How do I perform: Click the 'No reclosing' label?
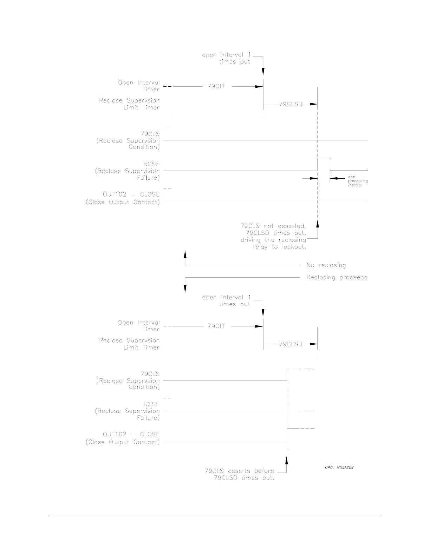[326, 265]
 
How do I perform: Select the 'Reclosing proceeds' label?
[337, 277]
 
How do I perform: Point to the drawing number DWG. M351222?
[339, 467]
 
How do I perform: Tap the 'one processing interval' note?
[358, 181]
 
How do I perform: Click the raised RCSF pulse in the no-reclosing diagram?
[324, 159]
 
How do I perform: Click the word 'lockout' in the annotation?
[294, 247]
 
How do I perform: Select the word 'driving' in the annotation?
[250, 240]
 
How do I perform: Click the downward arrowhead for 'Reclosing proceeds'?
[185, 289]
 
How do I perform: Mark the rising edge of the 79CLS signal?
[287, 374]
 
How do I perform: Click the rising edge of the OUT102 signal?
[287, 435]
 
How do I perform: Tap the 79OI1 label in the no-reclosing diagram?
[216, 86]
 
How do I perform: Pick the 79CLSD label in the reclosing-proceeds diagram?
[291, 344]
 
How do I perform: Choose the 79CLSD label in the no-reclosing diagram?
[291, 104]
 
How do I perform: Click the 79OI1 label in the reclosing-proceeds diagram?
[216, 326]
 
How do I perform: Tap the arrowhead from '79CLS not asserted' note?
[318, 224]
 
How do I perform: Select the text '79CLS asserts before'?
[239, 471]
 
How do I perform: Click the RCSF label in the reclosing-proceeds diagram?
[151, 404]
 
